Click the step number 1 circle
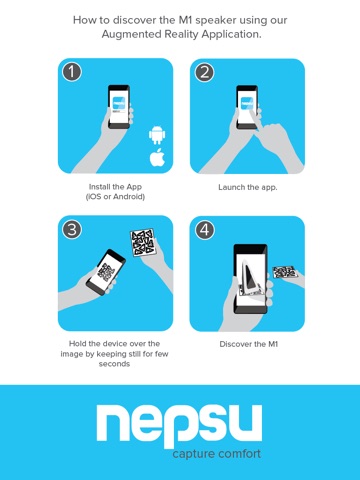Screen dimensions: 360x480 (72, 72)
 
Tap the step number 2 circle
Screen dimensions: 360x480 (204, 72)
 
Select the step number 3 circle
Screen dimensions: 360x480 (72, 229)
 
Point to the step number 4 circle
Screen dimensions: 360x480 (204, 230)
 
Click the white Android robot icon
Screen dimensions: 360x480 (157, 135)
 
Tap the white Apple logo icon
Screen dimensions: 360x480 (157, 157)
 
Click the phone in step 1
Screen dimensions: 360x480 (119, 107)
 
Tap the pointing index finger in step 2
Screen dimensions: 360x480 (257, 120)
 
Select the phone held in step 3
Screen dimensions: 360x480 (106, 272)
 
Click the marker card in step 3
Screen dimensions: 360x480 (142, 242)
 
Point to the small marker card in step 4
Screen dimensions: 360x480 (285, 272)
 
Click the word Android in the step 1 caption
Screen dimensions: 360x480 (129, 197)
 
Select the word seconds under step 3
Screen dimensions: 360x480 (114, 364)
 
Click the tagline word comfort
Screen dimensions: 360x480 (239, 454)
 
